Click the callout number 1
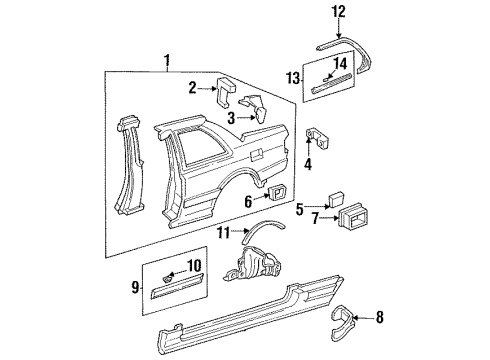(167, 61)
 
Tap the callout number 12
(338, 12)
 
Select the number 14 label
(340, 64)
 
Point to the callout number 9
(135, 287)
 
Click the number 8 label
(380, 317)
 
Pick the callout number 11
(224, 233)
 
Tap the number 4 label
(308, 164)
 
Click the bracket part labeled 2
(226, 92)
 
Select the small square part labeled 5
(336, 199)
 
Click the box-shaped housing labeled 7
(353, 218)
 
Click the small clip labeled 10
(168, 278)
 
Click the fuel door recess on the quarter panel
(256, 154)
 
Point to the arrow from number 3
(246, 117)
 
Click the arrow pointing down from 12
(339, 28)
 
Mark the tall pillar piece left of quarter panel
(131, 166)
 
